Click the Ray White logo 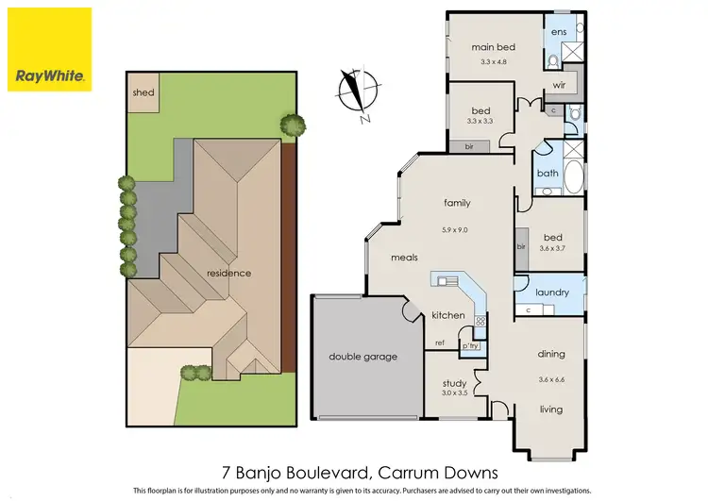49,49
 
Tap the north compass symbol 355,95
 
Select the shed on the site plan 143,93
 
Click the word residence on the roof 229,274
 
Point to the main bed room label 492,47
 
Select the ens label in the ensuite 559,31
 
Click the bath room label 548,174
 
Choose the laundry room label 552,292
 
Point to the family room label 457,203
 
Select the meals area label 406,257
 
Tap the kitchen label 448,315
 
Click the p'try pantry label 470,345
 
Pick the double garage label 362,357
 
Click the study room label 455,384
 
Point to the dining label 551,355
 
